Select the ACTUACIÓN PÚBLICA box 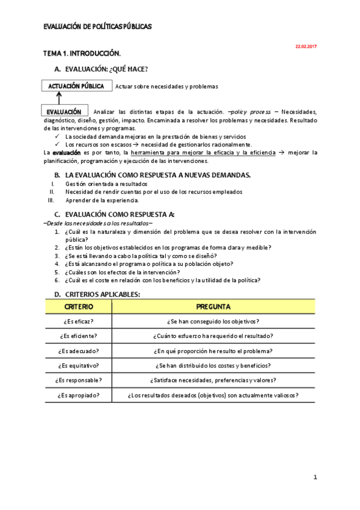pos(76,86)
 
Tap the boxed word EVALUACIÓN pos(64,112)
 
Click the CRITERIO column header pos(79,307)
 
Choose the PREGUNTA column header pos(213,307)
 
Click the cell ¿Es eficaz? pos(79,321)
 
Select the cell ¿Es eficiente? pos(79,336)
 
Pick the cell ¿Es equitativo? pos(79,366)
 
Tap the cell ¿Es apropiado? pos(79,395)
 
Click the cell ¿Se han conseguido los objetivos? pos(213,321)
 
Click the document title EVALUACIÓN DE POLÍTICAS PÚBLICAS pos(98,26)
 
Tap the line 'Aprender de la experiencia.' pos(102,200)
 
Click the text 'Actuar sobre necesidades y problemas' pos(166,87)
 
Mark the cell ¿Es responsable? pos(79,380)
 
